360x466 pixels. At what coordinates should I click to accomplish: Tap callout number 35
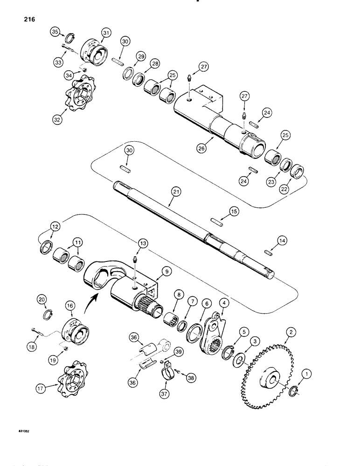[55, 32]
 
